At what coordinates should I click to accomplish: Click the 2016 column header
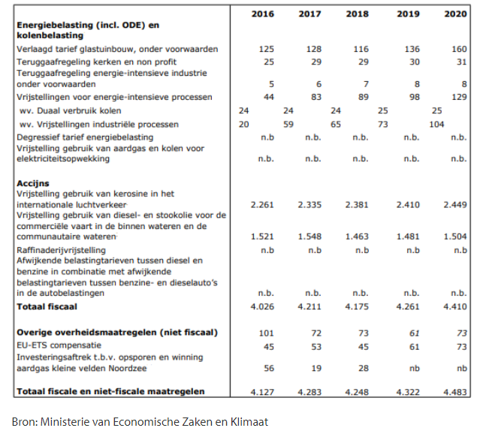click(263, 14)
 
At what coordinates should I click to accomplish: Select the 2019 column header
click(408, 14)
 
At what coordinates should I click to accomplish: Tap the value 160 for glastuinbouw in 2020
click(459, 49)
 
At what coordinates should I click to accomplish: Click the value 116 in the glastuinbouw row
click(361, 49)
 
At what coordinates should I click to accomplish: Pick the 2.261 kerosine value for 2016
click(262, 205)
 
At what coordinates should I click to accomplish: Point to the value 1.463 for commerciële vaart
click(357, 237)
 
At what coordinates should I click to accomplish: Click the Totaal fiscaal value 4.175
click(357, 306)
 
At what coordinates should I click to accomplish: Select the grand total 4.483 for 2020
click(455, 392)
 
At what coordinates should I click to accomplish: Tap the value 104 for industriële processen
click(436, 125)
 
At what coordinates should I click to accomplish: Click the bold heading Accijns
click(33, 183)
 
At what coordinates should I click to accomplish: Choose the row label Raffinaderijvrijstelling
click(61, 250)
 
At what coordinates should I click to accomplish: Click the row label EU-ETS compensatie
click(59, 345)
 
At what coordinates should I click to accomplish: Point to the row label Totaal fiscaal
click(47, 306)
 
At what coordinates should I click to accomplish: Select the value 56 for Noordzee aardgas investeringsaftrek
click(269, 369)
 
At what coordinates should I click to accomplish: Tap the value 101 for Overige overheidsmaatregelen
click(267, 333)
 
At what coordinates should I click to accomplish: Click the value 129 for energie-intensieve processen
click(459, 97)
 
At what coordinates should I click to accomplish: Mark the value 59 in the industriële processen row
click(288, 125)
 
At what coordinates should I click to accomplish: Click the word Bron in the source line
click(25, 422)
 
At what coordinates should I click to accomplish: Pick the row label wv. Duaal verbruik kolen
click(70, 110)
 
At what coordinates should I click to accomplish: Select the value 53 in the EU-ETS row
click(316, 347)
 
